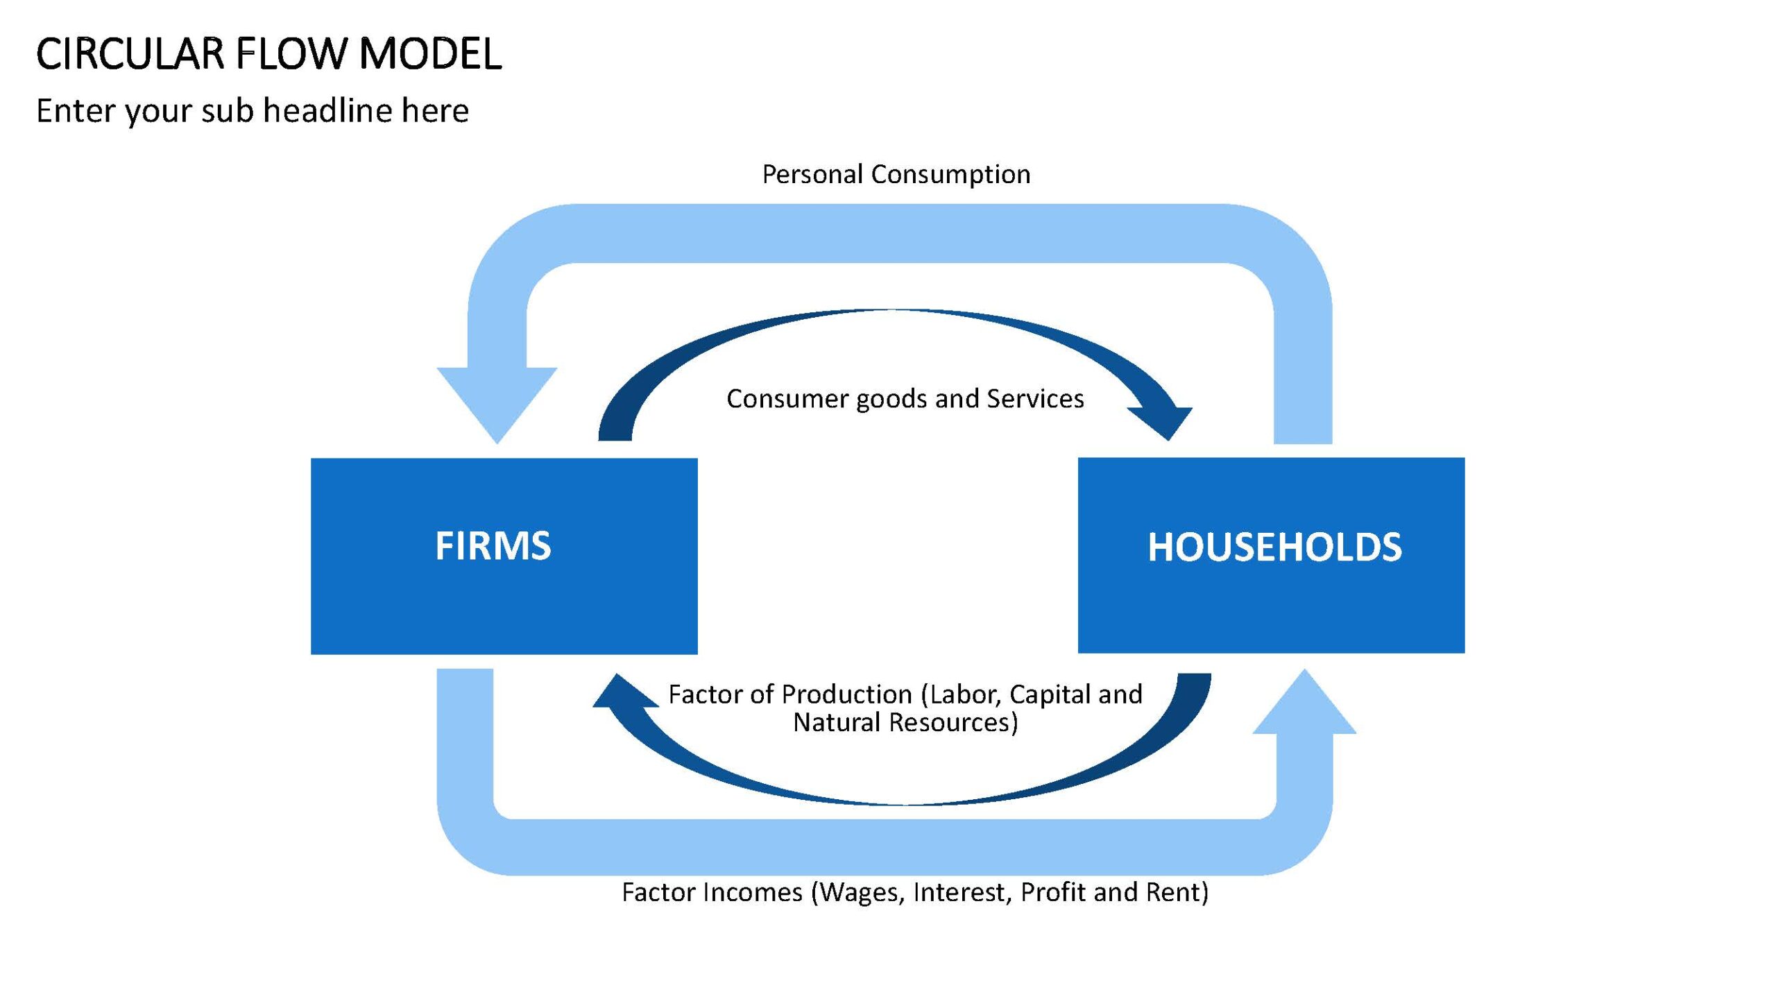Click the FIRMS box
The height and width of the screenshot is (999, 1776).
pos(504,556)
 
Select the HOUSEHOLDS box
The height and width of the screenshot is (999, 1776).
pos(1271,555)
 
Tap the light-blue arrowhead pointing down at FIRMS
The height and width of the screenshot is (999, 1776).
pos(497,405)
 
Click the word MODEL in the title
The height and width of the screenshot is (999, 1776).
pos(430,54)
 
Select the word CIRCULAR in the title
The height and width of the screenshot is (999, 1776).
pos(130,54)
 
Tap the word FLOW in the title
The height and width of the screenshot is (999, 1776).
pos(292,54)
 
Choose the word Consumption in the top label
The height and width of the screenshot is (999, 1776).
pos(951,175)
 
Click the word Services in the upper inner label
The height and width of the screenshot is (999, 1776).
pos(1035,399)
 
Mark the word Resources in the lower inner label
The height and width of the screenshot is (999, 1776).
pos(954,723)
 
